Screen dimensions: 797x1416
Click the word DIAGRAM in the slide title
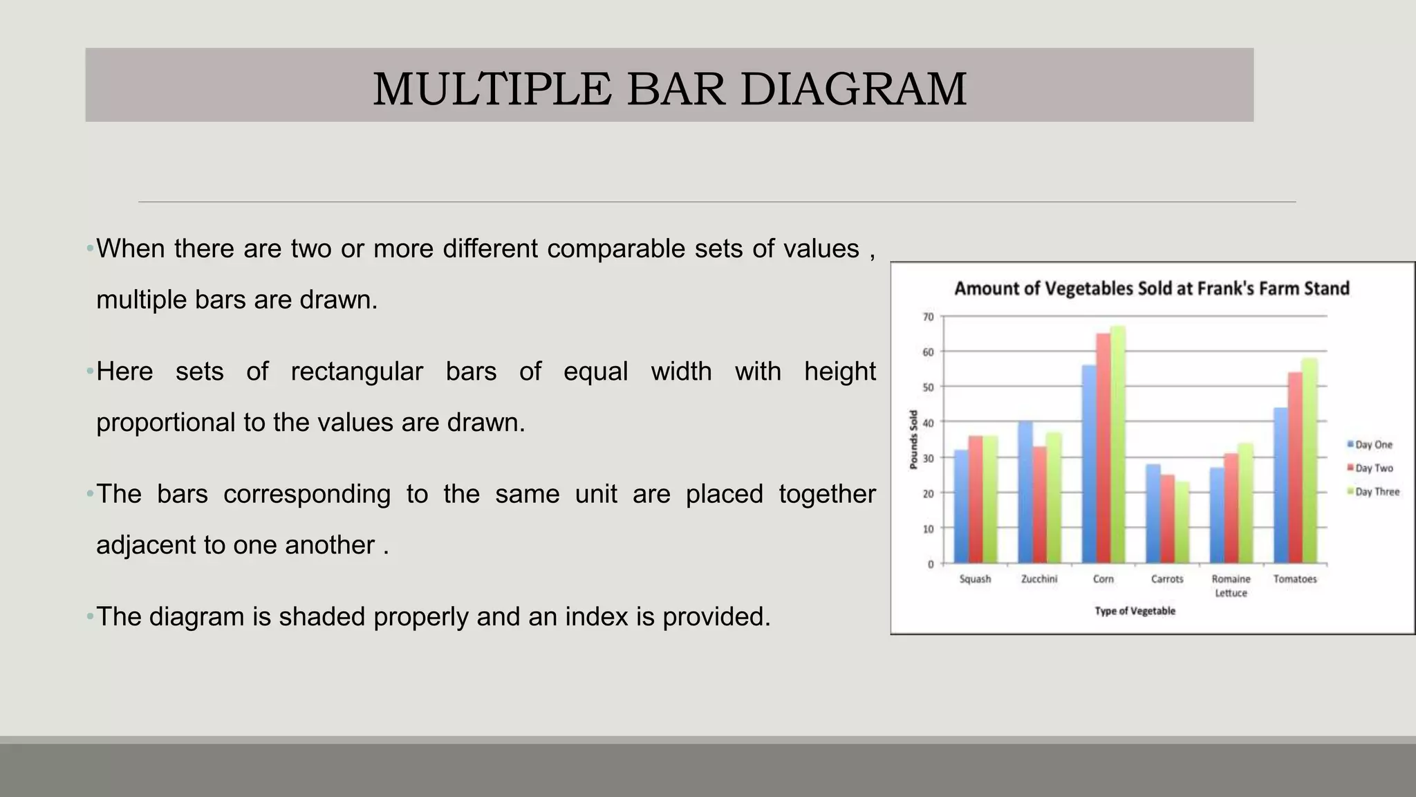pyautogui.click(x=853, y=89)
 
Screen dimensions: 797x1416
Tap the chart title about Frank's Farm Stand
pyautogui.click(x=1151, y=288)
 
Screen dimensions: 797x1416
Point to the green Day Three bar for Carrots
pyautogui.click(x=1182, y=522)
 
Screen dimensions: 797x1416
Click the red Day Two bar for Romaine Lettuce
pyautogui.click(x=1231, y=509)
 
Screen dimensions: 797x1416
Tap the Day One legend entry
pyautogui.click(x=1372, y=445)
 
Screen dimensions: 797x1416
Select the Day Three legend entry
pyautogui.click(x=1376, y=492)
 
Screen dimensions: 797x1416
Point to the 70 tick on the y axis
pyautogui.click(x=928, y=317)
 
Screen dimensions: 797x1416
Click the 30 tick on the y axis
pyautogui.click(x=928, y=458)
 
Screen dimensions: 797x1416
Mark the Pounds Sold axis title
pyautogui.click(x=913, y=439)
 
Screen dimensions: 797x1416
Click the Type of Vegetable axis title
pyautogui.click(x=1135, y=611)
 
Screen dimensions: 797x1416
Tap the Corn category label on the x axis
pyautogui.click(x=1103, y=579)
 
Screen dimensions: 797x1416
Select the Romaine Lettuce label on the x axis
pyautogui.click(x=1231, y=585)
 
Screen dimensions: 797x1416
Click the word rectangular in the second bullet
pyautogui.click(x=356, y=372)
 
